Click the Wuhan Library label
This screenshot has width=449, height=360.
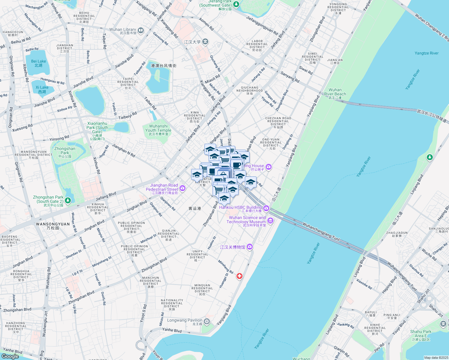coord(123,31)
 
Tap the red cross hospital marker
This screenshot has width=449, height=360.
coord(239,276)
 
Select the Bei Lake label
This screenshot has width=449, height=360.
coord(38,63)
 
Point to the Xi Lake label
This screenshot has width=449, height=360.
coord(42,89)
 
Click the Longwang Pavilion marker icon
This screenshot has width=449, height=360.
coord(206,322)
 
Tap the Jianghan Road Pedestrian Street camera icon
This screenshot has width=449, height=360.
coord(182,188)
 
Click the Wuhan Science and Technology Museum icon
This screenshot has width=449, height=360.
coord(270,221)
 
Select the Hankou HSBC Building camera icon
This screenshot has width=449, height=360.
coord(266,208)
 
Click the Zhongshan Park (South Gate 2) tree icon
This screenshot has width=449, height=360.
coord(68,200)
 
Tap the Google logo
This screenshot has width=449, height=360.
coord(10,356)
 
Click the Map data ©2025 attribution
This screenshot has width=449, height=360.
coord(436,358)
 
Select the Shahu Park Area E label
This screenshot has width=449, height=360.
coord(421,335)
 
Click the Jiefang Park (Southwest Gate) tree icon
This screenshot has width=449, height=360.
coord(236,4)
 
